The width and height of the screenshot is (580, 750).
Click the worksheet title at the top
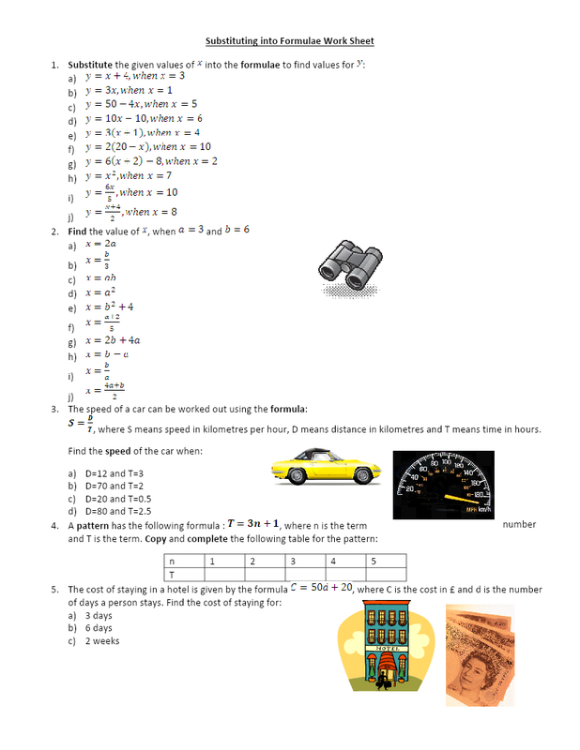point(290,41)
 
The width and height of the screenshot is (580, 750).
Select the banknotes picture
point(479,653)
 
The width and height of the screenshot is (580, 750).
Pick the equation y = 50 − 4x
point(142,104)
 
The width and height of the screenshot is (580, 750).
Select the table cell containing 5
point(386,562)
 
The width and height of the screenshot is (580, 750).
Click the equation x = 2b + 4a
point(114,341)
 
